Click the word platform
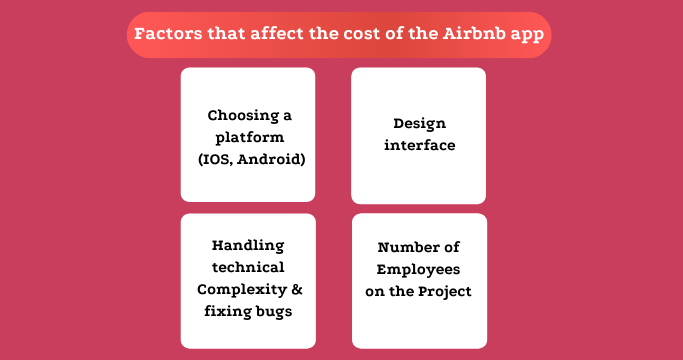click(x=248, y=136)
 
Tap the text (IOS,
click(x=216, y=158)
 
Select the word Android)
click(x=271, y=158)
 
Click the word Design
click(x=418, y=124)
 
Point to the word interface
click(x=418, y=146)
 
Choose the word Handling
click(x=248, y=246)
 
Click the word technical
click(x=248, y=268)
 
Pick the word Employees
click(x=418, y=269)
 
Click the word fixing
click(x=225, y=312)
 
